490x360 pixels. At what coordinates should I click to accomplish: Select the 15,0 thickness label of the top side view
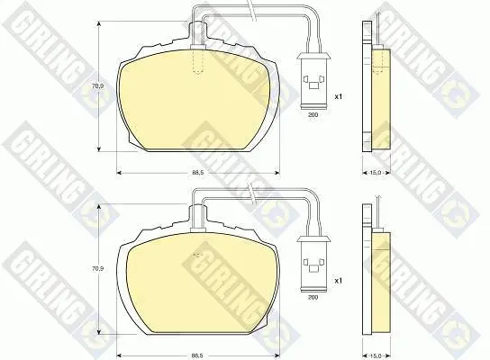[376, 173]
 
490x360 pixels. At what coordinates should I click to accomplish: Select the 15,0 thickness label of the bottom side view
[376, 355]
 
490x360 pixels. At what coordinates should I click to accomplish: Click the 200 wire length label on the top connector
[313, 115]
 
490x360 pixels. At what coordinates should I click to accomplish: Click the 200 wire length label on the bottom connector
[313, 297]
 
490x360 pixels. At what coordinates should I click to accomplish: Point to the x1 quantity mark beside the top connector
[339, 96]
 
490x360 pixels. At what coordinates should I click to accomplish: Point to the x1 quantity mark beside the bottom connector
[339, 281]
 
